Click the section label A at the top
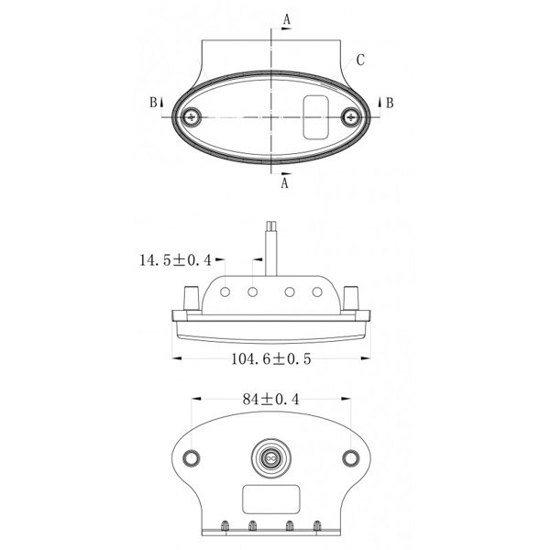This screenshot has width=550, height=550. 287,18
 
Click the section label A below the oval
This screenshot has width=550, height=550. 285,183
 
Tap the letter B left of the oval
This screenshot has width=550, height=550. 153,103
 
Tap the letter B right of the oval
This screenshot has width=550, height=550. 390,103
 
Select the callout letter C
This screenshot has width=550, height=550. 361,60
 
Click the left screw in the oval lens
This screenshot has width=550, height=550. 192,116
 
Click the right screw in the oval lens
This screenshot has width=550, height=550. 351,116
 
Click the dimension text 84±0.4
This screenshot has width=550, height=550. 271,400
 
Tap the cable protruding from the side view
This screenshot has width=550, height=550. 271,247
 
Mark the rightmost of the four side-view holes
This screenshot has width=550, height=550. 317,292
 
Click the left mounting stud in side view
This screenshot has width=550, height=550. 190,298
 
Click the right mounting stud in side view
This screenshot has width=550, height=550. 353,298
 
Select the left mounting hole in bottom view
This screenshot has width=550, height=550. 192,457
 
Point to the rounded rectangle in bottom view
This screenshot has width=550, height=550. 269,500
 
